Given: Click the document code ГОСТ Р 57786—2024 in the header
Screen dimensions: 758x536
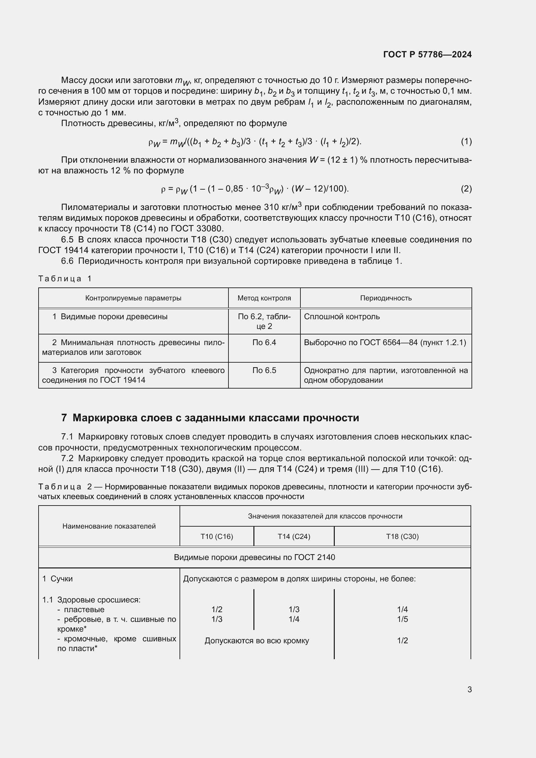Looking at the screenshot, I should click(427, 54).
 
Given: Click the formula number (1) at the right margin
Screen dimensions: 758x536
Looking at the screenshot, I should click(466, 142).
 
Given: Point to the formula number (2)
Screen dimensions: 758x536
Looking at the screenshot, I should click(466, 189).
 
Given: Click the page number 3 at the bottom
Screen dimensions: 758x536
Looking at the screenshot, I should click(469, 689).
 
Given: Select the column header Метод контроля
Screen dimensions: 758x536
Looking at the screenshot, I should click(264, 298).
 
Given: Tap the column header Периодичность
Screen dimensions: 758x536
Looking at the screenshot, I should click(386, 298).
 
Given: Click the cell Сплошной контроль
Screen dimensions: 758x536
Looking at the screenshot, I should click(342, 317).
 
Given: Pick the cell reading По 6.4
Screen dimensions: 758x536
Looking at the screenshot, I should click(264, 343).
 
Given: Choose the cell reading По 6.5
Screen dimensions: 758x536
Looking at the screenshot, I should click(264, 370).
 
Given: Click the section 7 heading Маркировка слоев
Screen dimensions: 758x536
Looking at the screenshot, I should click(210, 418).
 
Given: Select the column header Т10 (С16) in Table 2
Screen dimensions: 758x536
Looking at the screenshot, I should click(216, 536).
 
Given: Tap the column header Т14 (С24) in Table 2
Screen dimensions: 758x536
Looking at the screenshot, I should click(294, 536).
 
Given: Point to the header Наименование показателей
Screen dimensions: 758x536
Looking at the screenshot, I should click(109, 526).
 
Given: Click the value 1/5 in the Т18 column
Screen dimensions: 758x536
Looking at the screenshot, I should click(402, 619).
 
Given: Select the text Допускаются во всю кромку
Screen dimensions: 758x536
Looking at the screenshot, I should click(256, 641).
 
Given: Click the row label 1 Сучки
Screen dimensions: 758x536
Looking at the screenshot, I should click(57, 579).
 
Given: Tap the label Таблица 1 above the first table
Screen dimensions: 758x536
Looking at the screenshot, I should click(65, 279).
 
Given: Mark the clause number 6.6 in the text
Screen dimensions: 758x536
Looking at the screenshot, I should click(67, 261).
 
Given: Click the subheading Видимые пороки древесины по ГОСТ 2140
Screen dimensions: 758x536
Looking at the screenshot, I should click(254, 557).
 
